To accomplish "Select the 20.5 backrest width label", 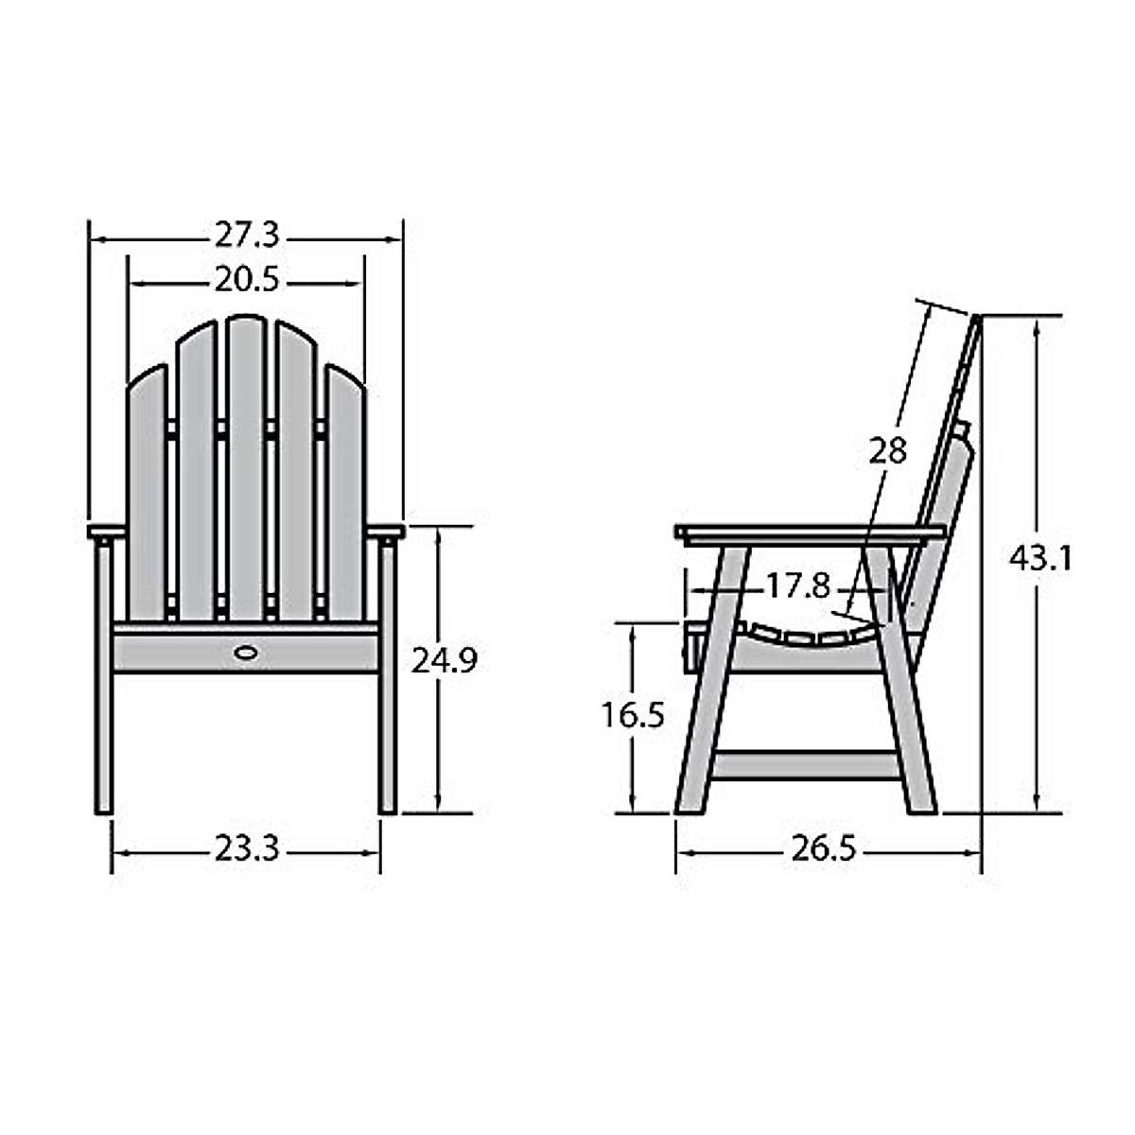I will coord(246,281).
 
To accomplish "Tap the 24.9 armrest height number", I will coord(444,660).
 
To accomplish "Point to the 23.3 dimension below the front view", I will coord(246,849).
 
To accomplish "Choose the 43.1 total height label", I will coord(1039,559).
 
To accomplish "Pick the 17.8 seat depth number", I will coord(797,587).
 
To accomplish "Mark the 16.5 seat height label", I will coord(633,716).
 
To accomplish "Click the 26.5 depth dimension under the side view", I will coord(823,849).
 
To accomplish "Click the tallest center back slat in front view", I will coord(246,463).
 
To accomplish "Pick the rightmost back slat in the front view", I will coord(345,492).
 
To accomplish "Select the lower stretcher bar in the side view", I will coord(804,764).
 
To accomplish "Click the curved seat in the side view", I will coord(804,636).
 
